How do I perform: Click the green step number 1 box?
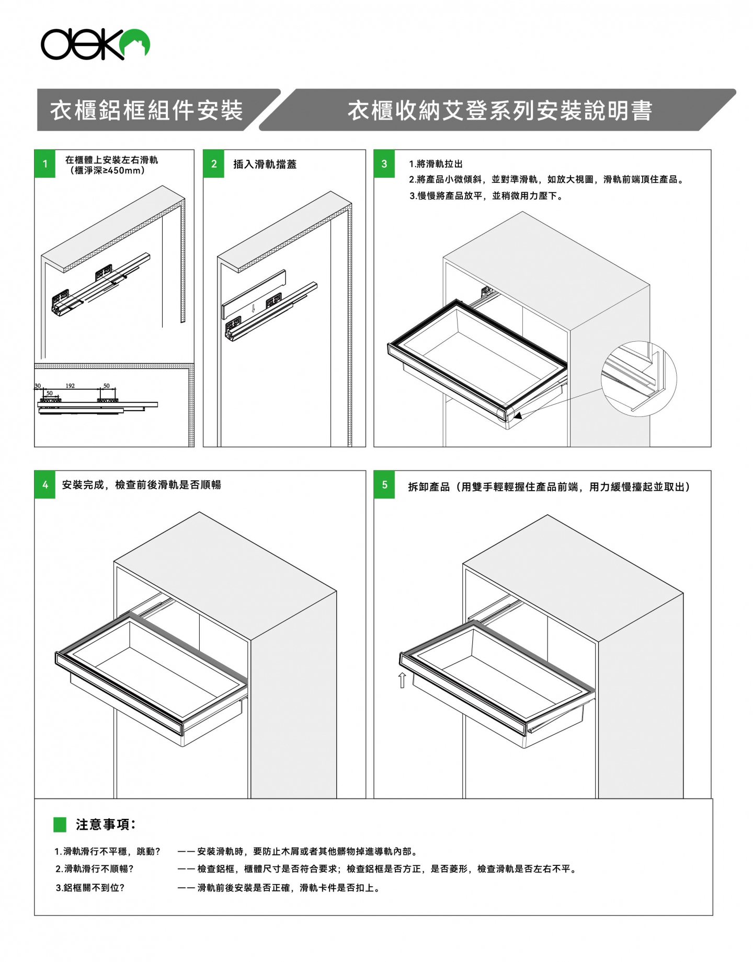(45, 164)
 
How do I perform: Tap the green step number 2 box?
(213, 164)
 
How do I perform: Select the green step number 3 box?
(384, 164)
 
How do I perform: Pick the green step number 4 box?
(45, 485)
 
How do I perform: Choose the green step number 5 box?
(384, 485)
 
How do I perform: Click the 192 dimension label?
(70, 386)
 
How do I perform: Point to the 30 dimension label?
(38, 386)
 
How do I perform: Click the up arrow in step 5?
(402, 680)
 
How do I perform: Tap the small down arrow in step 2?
(253, 308)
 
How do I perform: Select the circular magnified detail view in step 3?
(638, 379)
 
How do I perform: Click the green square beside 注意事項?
(60, 824)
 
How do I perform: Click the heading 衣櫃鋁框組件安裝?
(146, 111)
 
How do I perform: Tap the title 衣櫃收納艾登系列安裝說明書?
(500, 111)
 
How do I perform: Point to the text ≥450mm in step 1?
(122, 170)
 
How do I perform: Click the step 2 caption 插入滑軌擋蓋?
(265, 164)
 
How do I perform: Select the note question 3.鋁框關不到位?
(90, 888)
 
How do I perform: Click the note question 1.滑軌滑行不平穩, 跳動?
(107, 852)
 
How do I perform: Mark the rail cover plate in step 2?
(254, 295)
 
